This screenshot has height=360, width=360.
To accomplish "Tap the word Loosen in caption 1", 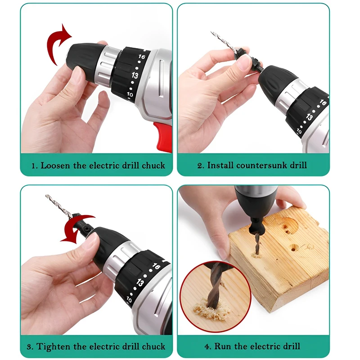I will (56, 165).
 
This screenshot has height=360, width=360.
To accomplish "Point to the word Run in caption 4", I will (223, 346).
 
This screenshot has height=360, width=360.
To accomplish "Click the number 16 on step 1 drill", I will (141, 58).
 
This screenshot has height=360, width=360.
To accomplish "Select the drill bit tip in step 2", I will (212, 33).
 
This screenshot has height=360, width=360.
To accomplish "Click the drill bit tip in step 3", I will (47, 196).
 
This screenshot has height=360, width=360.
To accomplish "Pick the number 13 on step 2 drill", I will (309, 117).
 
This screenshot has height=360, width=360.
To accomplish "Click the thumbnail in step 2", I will (243, 63).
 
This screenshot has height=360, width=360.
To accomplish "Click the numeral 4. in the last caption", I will (207, 346).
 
